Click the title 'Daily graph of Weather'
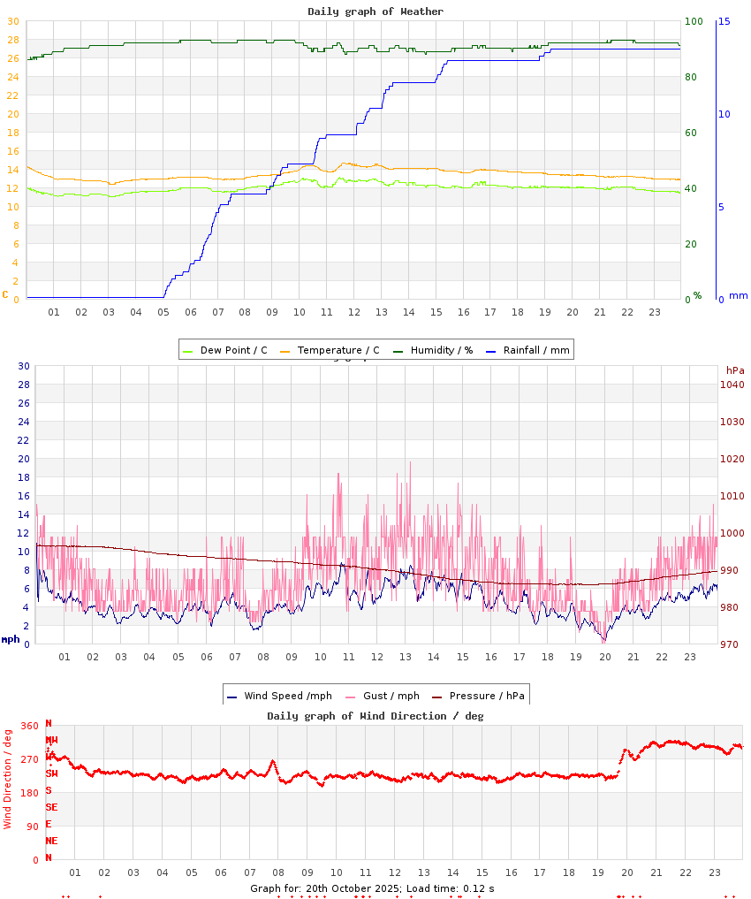pos(375,11)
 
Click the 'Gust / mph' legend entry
pos(391,696)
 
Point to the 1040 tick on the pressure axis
pos(732,385)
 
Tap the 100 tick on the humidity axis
pos(694,21)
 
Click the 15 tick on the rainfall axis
pos(724,21)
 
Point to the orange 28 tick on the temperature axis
pos(13,40)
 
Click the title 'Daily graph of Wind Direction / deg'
pos(375,716)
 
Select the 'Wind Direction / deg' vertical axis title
pos(8,779)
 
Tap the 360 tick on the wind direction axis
pos(30,726)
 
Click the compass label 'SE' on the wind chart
pos(51,807)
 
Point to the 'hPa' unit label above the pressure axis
pos(735,370)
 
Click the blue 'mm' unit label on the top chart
pos(738,295)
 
